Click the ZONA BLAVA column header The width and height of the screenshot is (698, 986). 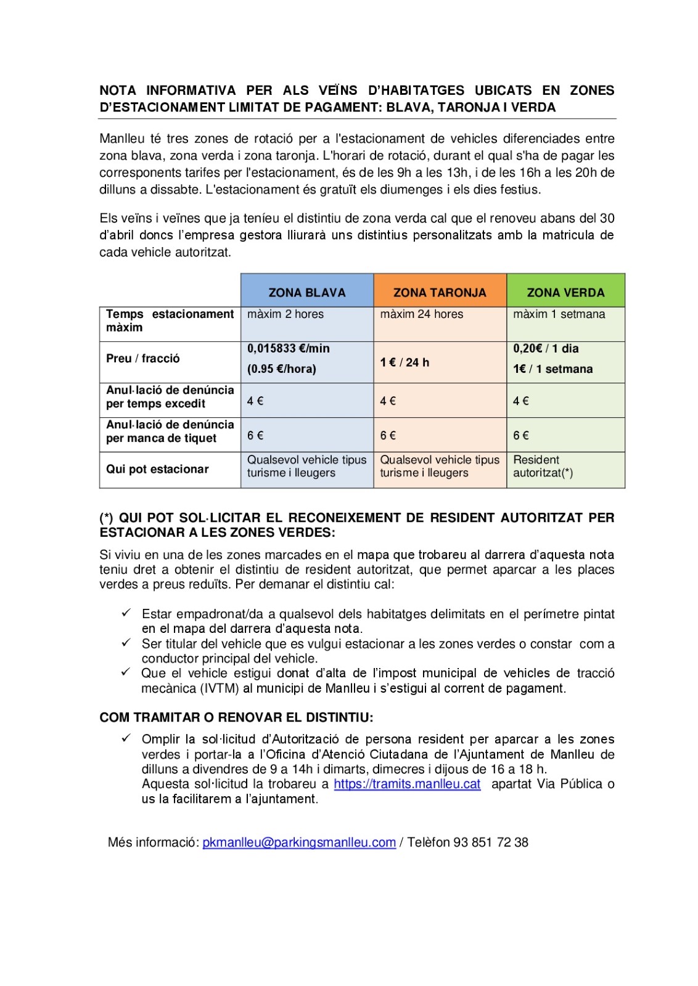(x=306, y=293)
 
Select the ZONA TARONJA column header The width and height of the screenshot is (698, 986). (x=440, y=293)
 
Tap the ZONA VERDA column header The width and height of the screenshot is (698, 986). (x=565, y=293)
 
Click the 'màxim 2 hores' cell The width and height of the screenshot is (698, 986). (x=285, y=314)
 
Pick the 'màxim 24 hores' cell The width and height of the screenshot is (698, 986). (x=421, y=314)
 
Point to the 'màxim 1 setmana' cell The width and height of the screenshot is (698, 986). (x=559, y=314)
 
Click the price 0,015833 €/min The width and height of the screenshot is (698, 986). (x=288, y=349)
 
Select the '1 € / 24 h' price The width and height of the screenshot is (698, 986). (x=404, y=362)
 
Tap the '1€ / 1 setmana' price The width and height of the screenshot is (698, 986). (x=552, y=369)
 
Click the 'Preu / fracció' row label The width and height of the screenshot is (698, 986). (x=142, y=359)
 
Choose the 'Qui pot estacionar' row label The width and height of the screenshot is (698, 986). (x=157, y=469)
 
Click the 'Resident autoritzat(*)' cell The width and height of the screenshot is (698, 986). (x=543, y=467)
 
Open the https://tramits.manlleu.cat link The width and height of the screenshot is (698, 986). (x=407, y=784)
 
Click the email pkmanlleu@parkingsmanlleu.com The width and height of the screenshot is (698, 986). (x=299, y=842)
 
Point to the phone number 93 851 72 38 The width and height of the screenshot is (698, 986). (x=490, y=842)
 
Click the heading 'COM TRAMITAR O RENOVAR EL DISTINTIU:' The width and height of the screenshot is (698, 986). (x=236, y=717)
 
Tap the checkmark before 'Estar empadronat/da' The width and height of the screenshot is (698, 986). (x=126, y=613)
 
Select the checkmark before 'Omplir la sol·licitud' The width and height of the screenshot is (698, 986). (x=126, y=738)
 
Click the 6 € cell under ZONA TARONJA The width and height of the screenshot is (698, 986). (x=388, y=436)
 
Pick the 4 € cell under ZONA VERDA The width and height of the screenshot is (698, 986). (x=521, y=401)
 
